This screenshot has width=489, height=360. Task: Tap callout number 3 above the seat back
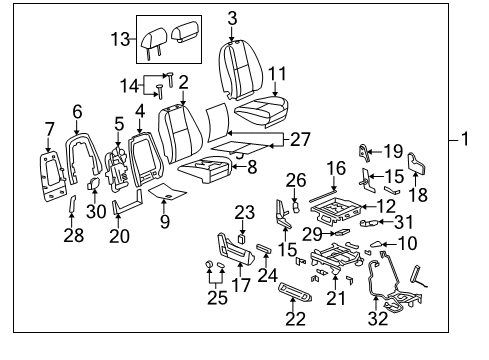tap(232, 18)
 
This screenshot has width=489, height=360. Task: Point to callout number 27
tap(299, 140)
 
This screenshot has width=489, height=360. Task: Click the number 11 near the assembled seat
tap(277, 73)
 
